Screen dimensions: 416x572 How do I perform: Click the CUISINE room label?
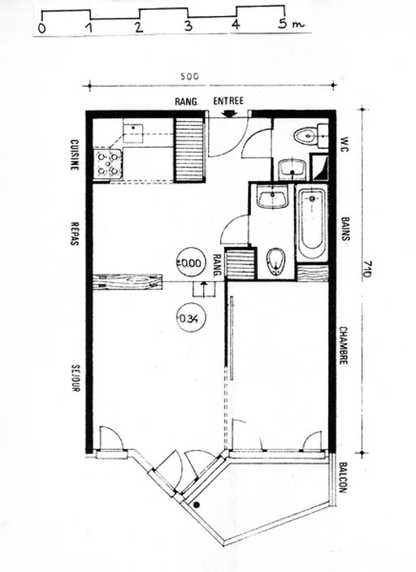point(75,154)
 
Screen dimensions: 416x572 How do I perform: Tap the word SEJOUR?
point(76,379)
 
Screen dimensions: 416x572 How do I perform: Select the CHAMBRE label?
point(343,345)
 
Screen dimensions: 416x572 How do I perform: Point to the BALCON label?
point(342,478)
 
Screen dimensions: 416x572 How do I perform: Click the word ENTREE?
point(228,101)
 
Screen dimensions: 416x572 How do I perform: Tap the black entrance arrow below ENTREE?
point(229,113)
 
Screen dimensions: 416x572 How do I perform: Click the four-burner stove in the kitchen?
point(108,164)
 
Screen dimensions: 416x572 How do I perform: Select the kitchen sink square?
point(132,133)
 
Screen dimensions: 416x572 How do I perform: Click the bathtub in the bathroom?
point(312,223)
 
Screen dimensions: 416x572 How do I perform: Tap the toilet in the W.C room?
point(305,136)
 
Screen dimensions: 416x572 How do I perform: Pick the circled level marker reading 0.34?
point(191,318)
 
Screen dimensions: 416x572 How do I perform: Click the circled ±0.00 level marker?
point(190,262)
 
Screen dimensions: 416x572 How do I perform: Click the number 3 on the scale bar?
point(188,26)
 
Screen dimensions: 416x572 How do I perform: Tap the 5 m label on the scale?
point(291,24)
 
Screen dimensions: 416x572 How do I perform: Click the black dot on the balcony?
point(197,505)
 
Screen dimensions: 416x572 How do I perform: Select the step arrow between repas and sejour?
point(204,288)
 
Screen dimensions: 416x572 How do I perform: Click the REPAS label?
point(75,233)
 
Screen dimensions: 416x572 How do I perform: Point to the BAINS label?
point(345,229)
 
